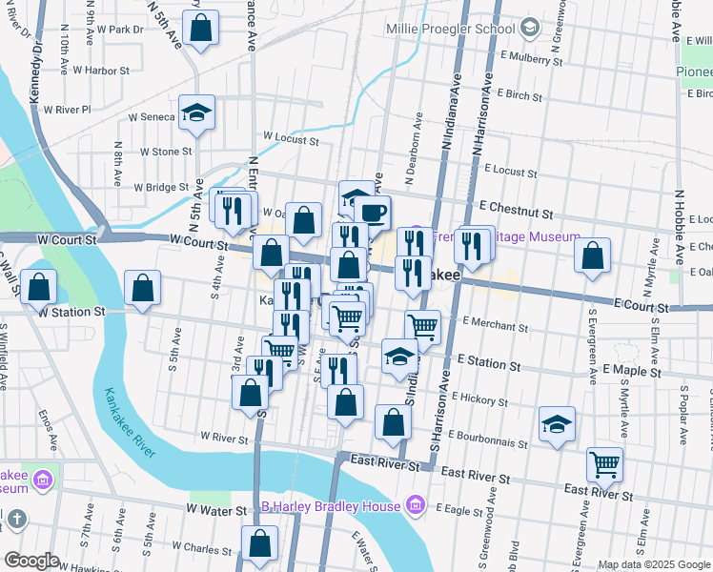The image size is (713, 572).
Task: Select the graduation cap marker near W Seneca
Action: pyautogui.click(x=197, y=112)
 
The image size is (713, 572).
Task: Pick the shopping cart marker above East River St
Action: pyautogui.click(x=604, y=464)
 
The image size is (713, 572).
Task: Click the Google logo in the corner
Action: pyautogui.click(x=31, y=561)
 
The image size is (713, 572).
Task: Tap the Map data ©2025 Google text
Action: pyautogui.click(x=654, y=564)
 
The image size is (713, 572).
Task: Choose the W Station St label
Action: pyautogui.click(x=71, y=312)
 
